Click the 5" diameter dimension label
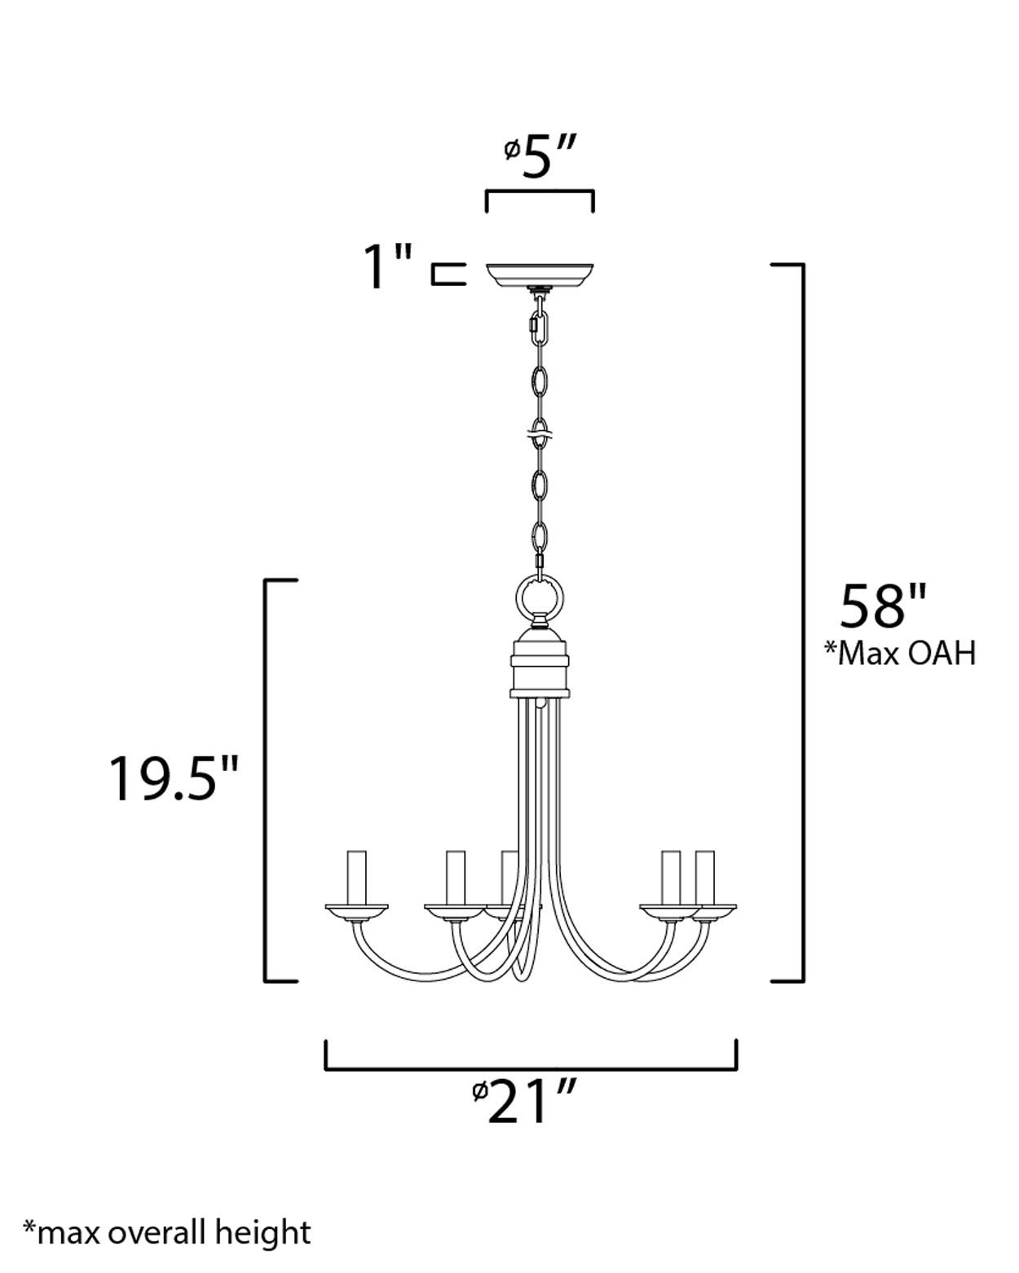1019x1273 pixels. [541, 156]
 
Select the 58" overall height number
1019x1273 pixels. [883, 607]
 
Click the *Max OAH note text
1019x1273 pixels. [899, 653]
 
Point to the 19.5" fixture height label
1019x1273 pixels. [174, 778]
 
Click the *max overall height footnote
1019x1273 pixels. [167, 1231]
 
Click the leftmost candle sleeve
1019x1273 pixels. [356, 877]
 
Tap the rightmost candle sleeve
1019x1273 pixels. [704, 877]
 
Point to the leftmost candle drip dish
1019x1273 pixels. [356, 909]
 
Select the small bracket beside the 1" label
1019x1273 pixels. [448, 275]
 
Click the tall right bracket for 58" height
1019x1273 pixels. [802, 623]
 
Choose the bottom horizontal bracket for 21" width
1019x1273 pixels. [531, 1067]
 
